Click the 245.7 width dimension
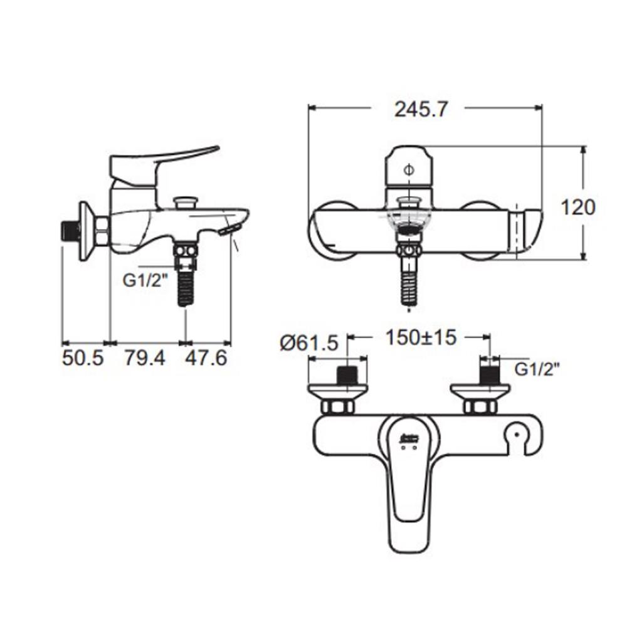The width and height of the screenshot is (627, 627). [x=421, y=109]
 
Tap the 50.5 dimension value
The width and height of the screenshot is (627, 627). [x=82, y=359]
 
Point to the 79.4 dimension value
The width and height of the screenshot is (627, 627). [x=144, y=359]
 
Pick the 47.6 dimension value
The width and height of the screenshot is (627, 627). [x=206, y=359]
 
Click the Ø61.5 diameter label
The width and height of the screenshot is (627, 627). [x=309, y=343]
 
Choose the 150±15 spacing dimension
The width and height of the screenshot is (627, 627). [x=421, y=338]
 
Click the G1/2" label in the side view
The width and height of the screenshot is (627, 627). [x=145, y=280]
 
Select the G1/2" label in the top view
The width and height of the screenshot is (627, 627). [x=537, y=369]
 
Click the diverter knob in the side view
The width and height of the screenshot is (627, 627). [x=186, y=203]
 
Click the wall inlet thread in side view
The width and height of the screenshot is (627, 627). [x=70, y=231]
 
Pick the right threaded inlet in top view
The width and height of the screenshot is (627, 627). [x=488, y=376]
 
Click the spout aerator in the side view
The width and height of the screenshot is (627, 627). [x=229, y=229]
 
